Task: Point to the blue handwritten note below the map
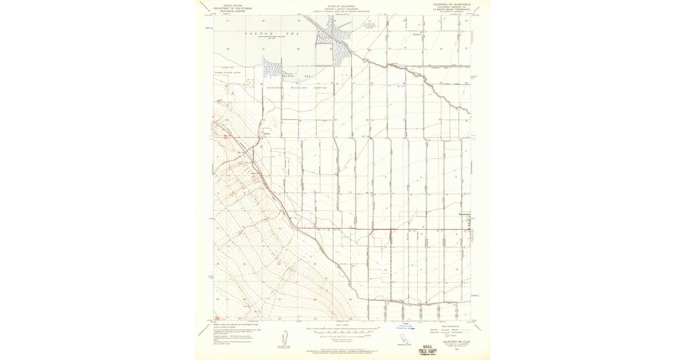tap(406, 327)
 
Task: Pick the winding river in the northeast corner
tap(452, 97)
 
